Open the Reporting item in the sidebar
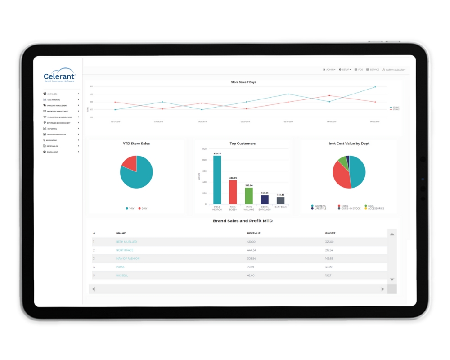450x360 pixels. pos(52,129)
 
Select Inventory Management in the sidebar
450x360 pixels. pos(58,111)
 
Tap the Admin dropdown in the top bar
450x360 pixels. pos(329,70)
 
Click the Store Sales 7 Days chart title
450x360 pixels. pos(243,82)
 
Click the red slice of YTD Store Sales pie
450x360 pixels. pos(129,163)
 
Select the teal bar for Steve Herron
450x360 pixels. pos(217,180)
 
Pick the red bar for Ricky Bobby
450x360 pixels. pos(233,192)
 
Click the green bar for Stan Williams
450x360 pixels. pos(249,196)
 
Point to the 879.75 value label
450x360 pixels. pos(217,153)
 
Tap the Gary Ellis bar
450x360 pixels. pos(280,201)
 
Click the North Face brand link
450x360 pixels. pos(125,250)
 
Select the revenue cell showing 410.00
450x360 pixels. pos(252,242)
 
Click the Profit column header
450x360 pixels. pos(330,234)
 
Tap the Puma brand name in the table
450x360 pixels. pos(120,267)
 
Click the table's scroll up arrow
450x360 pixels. pos(392,234)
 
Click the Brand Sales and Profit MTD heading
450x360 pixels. pos(243,221)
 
